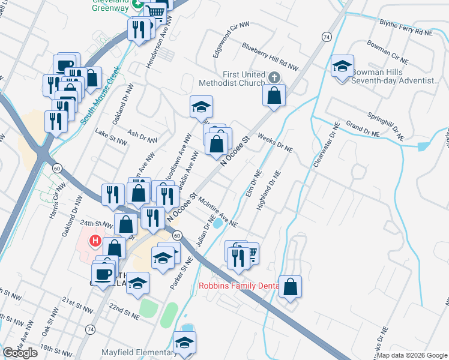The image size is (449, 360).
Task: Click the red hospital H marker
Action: click(94, 242)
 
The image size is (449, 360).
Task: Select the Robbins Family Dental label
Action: click(238, 286)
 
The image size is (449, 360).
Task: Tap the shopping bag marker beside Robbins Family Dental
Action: click(290, 286)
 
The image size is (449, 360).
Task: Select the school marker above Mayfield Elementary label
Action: click(184, 342)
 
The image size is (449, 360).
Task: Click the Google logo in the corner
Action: click(20, 353)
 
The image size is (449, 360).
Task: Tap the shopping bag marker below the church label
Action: click(274, 95)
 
